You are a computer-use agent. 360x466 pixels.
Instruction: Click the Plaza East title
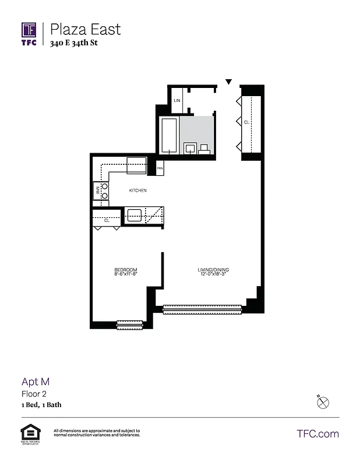tap(85, 29)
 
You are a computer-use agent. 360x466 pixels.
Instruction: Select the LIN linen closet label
tap(177, 101)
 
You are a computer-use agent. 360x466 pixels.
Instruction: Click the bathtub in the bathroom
tap(169, 136)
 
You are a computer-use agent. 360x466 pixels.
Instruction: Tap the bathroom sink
tap(190, 148)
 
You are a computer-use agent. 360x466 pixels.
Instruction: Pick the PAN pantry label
tap(160, 169)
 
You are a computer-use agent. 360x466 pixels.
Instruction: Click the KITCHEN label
tap(138, 190)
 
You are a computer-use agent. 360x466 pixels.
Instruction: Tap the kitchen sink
tap(135, 214)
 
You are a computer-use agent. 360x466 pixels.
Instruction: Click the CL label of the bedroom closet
tap(107, 221)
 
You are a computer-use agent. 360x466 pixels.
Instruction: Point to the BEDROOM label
tap(125, 269)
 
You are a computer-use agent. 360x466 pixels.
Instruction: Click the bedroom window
tap(129, 325)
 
